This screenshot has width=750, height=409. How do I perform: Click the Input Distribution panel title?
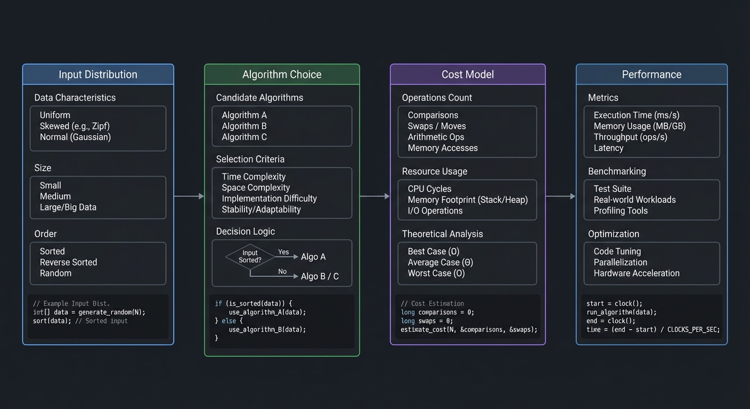[x=98, y=75]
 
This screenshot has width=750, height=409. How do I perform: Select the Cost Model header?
[x=467, y=75]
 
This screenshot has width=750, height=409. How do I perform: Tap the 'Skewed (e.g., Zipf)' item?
[x=75, y=126]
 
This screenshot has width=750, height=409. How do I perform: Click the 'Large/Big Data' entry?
[x=68, y=207]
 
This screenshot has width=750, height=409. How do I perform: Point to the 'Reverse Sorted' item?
[x=68, y=262]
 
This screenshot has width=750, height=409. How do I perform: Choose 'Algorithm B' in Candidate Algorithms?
[x=244, y=126]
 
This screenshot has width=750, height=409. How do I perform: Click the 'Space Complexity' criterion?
[x=256, y=187]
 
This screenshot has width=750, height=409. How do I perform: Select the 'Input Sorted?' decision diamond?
[x=250, y=257]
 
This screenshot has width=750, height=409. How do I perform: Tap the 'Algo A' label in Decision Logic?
[x=313, y=257]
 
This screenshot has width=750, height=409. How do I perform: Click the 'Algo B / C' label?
[x=320, y=276]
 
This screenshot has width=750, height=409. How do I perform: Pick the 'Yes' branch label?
[x=283, y=252]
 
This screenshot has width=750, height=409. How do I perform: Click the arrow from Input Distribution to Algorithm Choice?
[x=189, y=197]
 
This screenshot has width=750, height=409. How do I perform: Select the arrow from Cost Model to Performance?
[x=560, y=197]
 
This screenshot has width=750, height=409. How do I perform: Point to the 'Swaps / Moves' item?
[x=437, y=126]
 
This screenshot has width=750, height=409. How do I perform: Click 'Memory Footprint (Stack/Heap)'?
[x=468, y=200]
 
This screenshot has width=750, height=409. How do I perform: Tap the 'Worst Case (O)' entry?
[x=436, y=273]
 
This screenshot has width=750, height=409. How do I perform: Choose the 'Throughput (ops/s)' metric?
[x=630, y=137]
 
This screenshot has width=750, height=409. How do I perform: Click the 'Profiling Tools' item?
[x=621, y=211]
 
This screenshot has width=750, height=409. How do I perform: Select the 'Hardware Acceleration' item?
[x=637, y=273]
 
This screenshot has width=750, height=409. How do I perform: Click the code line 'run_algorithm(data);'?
[x=621, y=312]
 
